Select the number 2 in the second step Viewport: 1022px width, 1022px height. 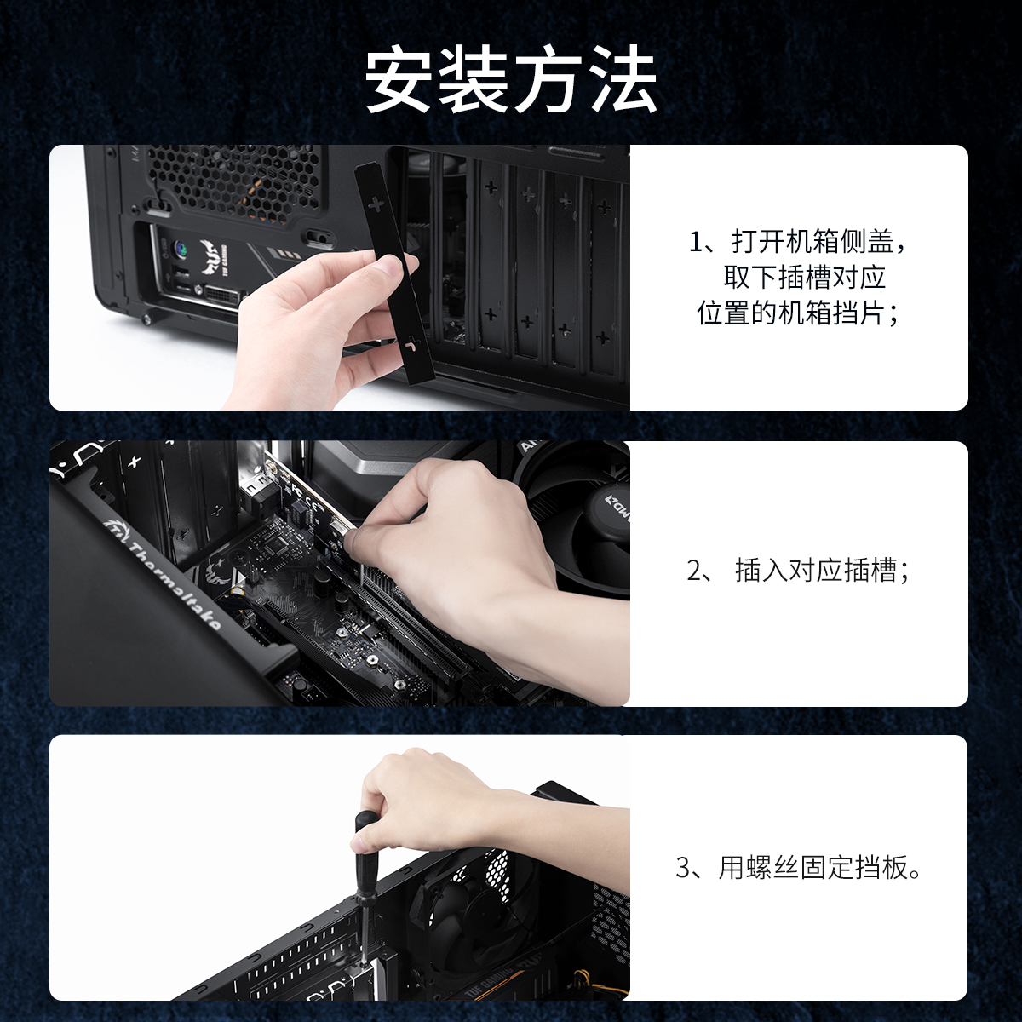tap(694, 571)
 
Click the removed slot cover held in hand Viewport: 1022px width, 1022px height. tap(395, 271)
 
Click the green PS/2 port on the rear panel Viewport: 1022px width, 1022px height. tap(180, 249)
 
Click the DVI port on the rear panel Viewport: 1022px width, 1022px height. tap(223, 298)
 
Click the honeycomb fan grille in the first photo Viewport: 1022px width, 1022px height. tap(233, 181)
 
